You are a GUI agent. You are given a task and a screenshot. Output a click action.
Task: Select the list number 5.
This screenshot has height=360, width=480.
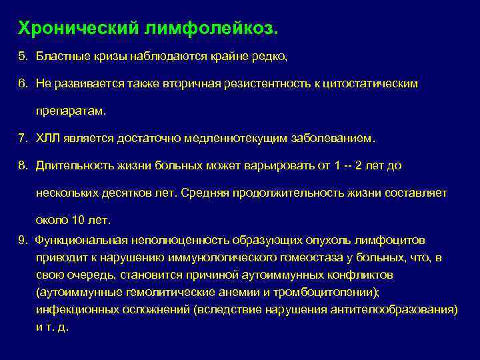(x=22, y=57)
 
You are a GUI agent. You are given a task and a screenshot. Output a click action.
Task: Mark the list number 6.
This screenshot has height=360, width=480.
(x=22, y=85)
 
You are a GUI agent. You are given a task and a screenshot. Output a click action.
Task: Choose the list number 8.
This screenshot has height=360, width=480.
(x=22, y=165)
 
